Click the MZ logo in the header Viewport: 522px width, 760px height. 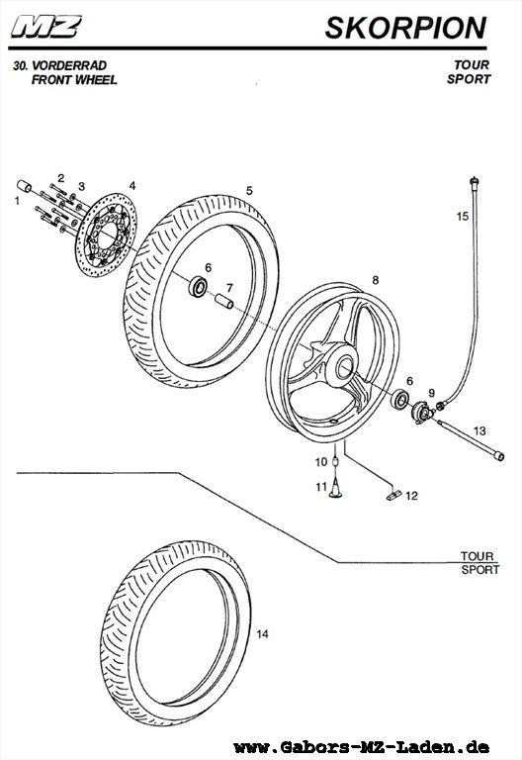46,27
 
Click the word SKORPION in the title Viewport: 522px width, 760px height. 405,28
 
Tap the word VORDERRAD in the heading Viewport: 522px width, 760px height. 69,65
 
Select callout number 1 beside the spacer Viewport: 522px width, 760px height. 18,201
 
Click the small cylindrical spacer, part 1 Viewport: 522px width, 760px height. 24,186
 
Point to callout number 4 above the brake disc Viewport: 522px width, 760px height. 132,186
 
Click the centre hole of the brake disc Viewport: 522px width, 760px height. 109,235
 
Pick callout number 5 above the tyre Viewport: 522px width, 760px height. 249,190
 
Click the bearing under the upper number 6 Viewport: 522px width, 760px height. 198,286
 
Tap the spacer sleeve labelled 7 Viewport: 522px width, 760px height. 224,301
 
